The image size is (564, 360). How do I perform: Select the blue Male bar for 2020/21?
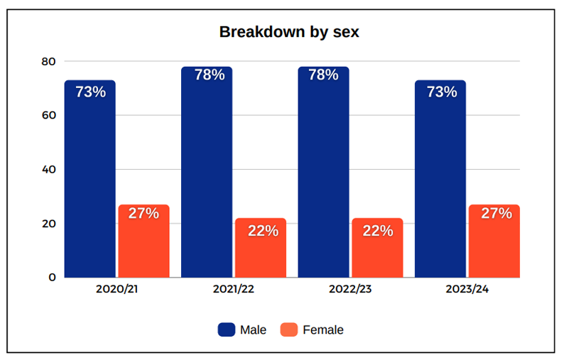90,185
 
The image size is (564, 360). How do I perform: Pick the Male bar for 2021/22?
207,178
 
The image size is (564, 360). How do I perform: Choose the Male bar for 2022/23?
323,178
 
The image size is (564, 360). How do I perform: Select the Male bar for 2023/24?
440,185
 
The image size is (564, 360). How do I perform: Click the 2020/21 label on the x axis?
116,290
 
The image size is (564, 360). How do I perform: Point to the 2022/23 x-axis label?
350,290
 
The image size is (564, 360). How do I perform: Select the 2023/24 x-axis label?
467,290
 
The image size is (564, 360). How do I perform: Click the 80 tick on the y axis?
48,61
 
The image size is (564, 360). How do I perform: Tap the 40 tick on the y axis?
48,169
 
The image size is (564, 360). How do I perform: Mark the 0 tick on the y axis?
52,277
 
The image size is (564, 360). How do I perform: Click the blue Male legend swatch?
226,329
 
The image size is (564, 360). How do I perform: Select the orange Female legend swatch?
289,329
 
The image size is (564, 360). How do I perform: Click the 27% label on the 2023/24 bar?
496,213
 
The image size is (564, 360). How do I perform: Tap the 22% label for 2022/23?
377,230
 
